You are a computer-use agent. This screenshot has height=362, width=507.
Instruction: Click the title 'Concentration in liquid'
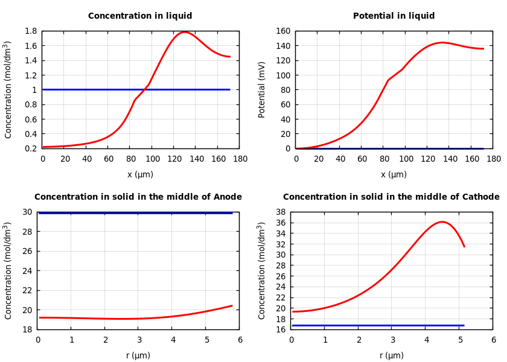[140, 16]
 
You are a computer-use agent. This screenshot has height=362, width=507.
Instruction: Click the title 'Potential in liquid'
[394, 16]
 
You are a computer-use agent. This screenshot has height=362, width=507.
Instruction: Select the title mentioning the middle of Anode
[138, 197]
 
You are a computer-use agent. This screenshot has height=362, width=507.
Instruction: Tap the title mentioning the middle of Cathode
[391, 197]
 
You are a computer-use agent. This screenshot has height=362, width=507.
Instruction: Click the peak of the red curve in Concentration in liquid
[185, 32]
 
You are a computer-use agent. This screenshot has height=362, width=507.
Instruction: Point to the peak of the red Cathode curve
[442, 222]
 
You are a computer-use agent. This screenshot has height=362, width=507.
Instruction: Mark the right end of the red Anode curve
[232, 305]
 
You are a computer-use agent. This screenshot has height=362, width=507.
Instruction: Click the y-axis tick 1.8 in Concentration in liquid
[30, 31]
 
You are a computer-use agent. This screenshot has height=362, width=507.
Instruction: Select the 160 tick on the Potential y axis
[284, 31]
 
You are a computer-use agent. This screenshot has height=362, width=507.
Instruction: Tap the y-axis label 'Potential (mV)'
[262, 89]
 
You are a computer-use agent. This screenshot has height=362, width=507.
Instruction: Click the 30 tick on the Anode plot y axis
[27, 212]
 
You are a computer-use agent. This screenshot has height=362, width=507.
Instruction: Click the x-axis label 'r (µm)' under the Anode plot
[138, 355]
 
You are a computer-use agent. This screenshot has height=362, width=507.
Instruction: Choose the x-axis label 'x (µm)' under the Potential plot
[394, 174]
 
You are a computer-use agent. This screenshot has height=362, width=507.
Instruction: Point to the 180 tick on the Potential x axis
[494, 159]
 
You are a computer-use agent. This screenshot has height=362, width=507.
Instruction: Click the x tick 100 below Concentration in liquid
[152, 159]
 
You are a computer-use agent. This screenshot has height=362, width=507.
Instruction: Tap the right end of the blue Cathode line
[464, 325]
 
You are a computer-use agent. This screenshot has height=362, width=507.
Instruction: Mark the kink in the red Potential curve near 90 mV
[388, 80]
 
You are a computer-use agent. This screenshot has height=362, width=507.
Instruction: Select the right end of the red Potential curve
[483, 49]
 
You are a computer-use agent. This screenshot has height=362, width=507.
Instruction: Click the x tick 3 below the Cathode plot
[392, 340]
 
